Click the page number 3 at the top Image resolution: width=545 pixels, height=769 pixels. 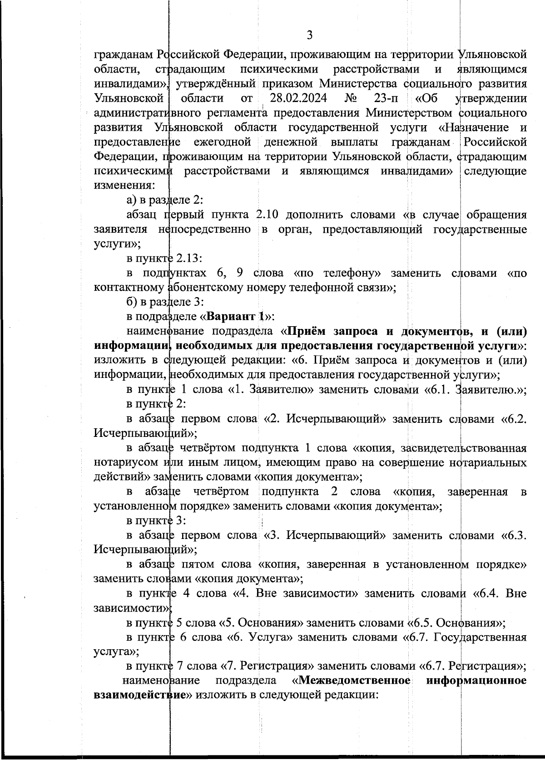[x=310, y=35]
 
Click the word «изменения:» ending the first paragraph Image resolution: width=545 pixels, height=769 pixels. [x=124, y=186]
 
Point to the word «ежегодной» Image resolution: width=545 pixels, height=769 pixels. [x=223, y=142]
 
